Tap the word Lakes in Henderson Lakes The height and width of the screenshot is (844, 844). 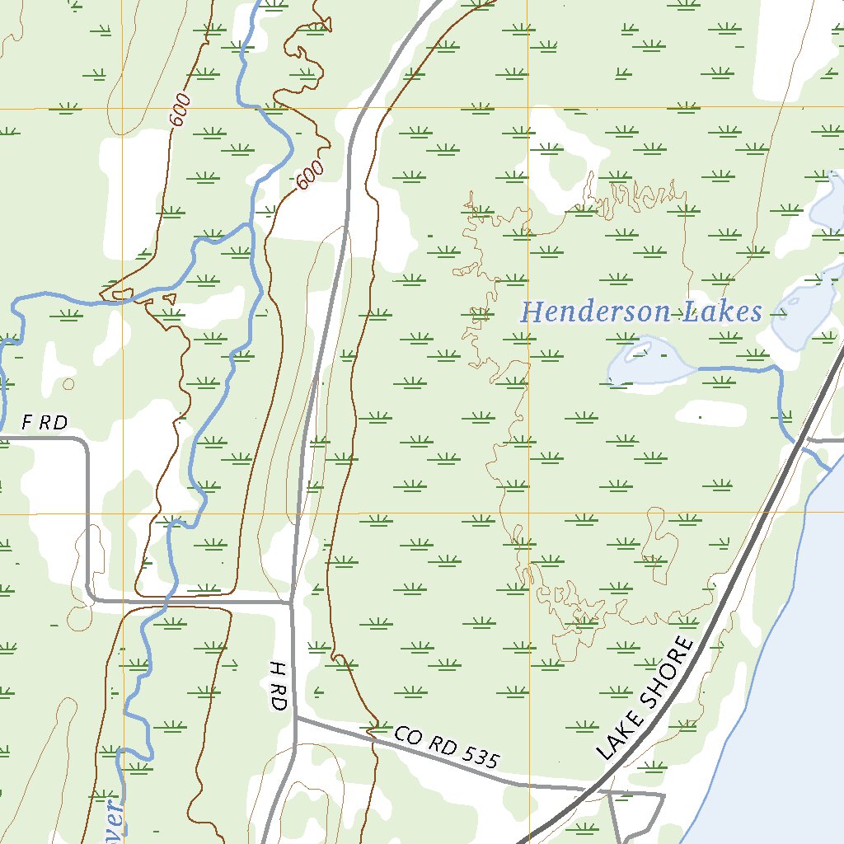(x=723, y=312)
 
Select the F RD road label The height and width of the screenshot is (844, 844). (x=44, y=423)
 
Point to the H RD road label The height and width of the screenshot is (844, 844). (x=277, y=685)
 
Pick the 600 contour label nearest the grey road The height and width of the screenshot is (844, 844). (x=309, y=175)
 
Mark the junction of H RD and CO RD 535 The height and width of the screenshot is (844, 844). (x=296, y=718)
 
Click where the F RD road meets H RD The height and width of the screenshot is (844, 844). (x=292, y=602)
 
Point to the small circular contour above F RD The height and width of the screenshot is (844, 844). (x=68, y=383)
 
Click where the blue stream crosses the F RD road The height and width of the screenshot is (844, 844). (x=168, y=601)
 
